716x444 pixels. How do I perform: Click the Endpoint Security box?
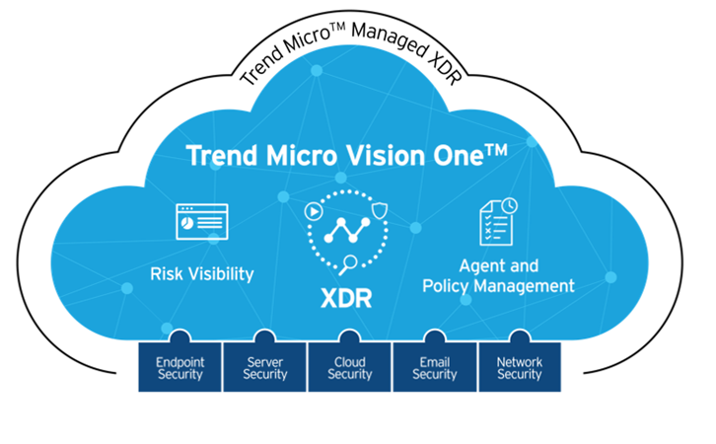[179, 367]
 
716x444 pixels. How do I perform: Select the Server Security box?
[264, 367]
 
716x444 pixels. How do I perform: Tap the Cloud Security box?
[350, 367]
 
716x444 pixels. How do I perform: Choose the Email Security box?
[435, 367]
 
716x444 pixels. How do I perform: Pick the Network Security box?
[520, 367]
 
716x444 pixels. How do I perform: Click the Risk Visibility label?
[202, 272]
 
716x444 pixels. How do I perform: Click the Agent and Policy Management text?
[498, 275]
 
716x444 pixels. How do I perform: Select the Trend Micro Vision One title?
[360, 156]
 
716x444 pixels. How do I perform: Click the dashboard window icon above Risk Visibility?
[201, 222]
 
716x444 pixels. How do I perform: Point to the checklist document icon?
[497, 221]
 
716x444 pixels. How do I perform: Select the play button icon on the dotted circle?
[313, 211]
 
